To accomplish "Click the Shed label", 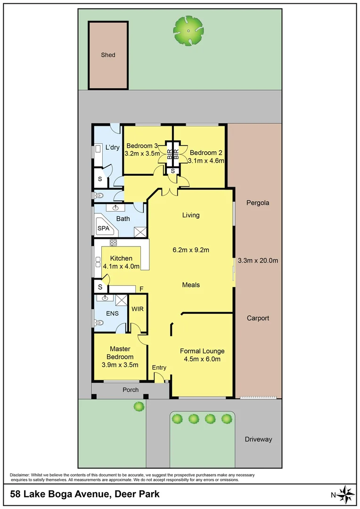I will click(x=108, y=55).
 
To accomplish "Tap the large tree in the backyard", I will click(x=188, y=30).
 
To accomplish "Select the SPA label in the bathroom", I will click(x=103, y=228).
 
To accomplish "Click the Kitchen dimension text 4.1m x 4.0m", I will click(x=121, y=266).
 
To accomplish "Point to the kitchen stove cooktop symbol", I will click(x=113, y=243).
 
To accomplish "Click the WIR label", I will click(x=137, y=309).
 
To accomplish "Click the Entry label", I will click(x=159, y=368).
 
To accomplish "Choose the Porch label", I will click(x=131, y=390).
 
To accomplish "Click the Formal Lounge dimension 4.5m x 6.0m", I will click(x=202, y=359).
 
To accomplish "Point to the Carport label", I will click(x=258, y=318).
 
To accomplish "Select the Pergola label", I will click(x=258, y=203).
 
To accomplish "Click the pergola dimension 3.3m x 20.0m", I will click(x=258, y=261).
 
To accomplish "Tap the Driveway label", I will click(x=258, y=439).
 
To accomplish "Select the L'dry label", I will click(x=112, y=148).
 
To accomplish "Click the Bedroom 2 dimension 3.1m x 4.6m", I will click(x=205, y=160).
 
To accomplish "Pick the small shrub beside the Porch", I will click(x=138, y=406).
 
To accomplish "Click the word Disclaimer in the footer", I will click(x=19, y=475).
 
